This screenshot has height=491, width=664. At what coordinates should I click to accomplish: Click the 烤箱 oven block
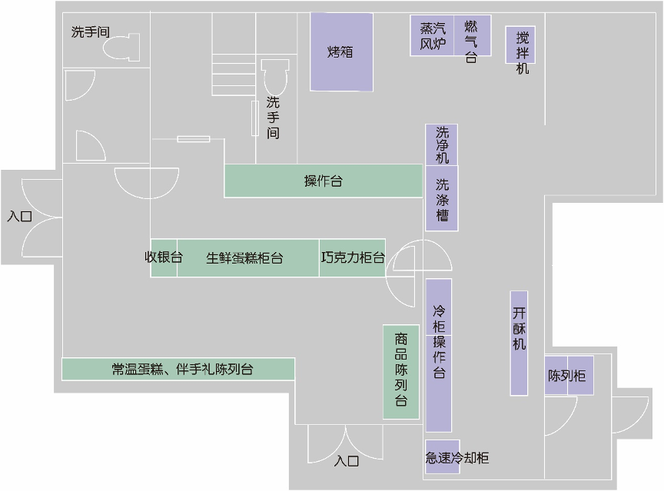(x=342, y=51)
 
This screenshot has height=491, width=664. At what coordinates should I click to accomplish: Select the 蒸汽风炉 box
(x=433, y=36)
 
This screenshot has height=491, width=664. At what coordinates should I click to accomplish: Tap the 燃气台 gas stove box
(x=471, y=36)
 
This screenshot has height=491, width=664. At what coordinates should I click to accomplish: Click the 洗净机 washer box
(x=442, y=144)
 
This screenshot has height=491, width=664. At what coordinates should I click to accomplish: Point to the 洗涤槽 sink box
(x=442, y=198)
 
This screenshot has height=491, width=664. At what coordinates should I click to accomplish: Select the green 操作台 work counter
(x=324, y=181)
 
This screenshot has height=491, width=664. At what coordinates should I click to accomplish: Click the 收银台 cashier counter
(x=164, y=257)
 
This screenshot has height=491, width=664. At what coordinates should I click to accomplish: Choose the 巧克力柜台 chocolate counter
(x=352, y=257)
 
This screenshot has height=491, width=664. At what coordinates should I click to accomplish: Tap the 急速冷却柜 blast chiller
(x=457, y=458)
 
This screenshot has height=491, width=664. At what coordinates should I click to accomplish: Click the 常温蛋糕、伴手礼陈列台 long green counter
(x=178, y=369)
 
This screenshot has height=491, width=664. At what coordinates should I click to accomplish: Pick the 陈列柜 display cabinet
(x=569, y=376)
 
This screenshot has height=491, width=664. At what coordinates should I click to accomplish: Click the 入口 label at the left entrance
(x=20, y=217)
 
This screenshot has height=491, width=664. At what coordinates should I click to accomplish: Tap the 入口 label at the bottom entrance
(x=347, y=462)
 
